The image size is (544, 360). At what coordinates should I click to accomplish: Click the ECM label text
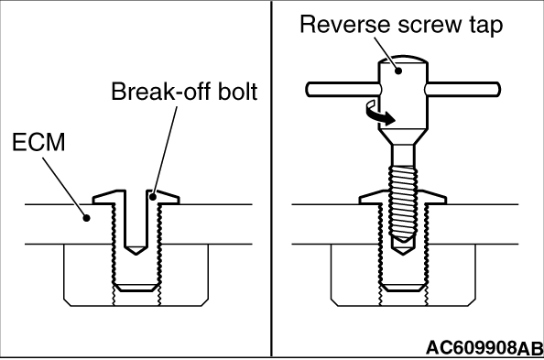click(x=38, y=142)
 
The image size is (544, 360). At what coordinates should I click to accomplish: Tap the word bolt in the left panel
click(x=237, y=92)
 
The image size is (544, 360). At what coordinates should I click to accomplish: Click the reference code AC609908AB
click(x=484, y=348)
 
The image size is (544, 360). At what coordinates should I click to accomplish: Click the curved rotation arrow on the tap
click(x=379, y=114)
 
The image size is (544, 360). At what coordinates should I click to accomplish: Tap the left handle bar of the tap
click(x=343, y=89)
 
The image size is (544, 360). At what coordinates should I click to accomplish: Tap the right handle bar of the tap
click(x=462, y=89)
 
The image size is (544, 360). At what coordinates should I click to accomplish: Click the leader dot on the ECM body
click(x=86, y=218)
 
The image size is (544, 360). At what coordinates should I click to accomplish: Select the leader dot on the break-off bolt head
click(x=153, y=197)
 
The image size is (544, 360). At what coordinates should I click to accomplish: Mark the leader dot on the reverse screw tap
click(x=399, y=71)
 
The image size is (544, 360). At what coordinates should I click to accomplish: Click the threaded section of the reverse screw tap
click(x=403, y=203)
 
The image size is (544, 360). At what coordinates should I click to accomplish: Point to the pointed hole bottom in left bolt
click(x=136, y=250)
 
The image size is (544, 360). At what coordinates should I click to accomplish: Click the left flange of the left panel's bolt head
click(x=109, y=197)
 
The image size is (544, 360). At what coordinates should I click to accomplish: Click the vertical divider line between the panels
click(x=271, y=179)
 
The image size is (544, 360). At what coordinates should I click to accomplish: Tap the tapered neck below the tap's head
click(x=403, y=136)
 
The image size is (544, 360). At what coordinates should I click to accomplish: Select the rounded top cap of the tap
click(x=403, y=59)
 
